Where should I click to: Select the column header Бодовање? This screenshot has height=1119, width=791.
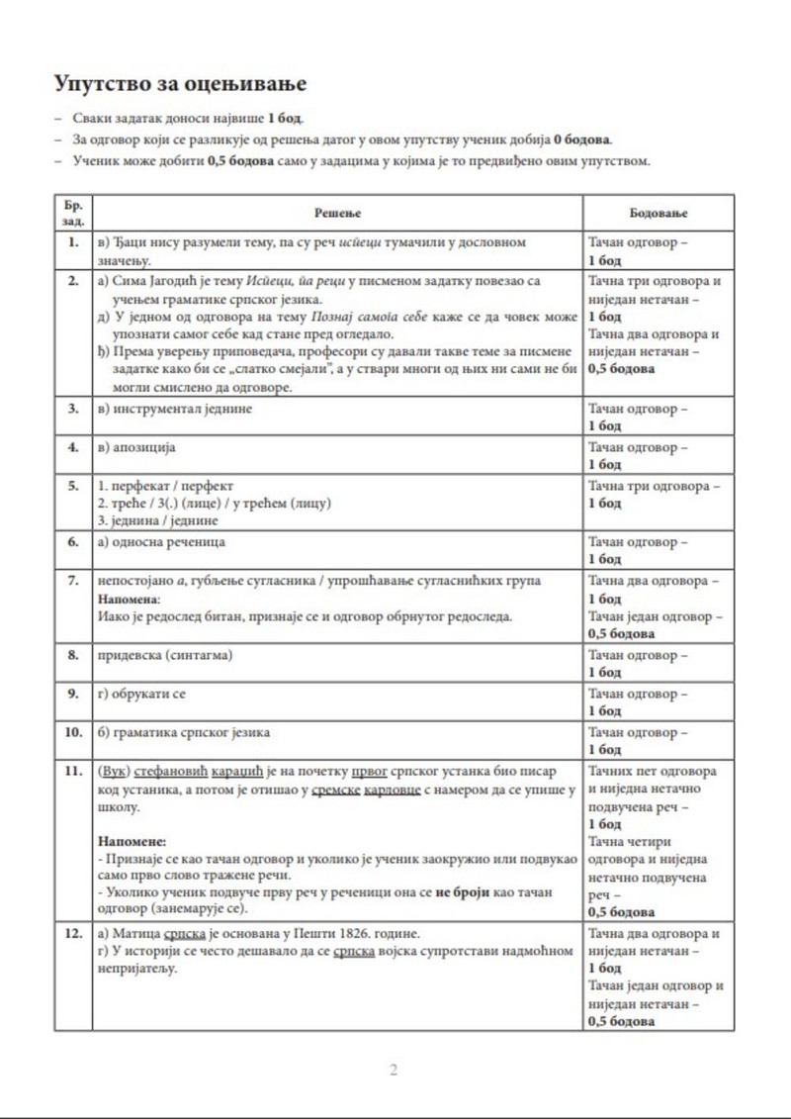point(659,213)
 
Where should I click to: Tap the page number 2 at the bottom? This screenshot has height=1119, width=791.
point(394,1070)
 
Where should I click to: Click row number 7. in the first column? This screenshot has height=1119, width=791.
point(72,580)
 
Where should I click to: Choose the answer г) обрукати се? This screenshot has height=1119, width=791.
point(142,694)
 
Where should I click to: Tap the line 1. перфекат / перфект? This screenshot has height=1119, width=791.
point(166,487)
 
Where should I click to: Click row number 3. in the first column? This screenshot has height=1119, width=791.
point(72,408)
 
